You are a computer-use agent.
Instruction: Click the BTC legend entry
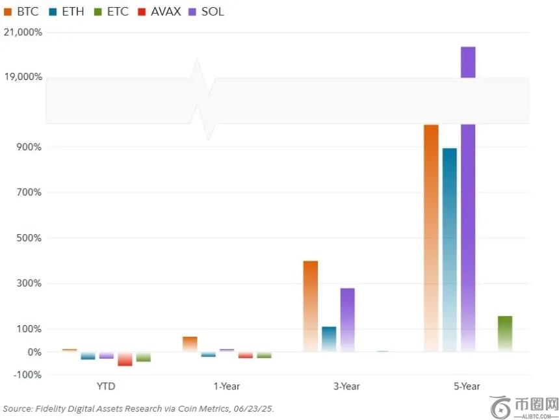(21, 12)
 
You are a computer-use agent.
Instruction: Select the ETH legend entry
(66, 12)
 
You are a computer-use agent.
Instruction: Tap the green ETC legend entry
(111, 12)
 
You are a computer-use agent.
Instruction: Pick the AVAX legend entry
(159, 12)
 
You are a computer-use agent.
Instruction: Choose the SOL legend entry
(207, 12)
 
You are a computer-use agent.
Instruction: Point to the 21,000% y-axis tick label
(23, 33)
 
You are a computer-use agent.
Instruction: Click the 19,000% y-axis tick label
(23, 77)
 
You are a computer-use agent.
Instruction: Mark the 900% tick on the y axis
(29, 147)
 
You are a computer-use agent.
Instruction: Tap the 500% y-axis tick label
(29, 238)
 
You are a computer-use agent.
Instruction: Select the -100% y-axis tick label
(27, 374)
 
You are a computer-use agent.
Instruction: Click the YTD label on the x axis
(106, 386)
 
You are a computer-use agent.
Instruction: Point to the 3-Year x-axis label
(346, 386)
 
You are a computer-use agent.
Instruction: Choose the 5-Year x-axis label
(467, 386)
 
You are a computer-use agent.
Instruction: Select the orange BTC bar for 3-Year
(311, 306)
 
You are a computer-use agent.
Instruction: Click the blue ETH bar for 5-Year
(450, 250)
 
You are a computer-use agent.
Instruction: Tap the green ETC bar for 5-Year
(505, 334)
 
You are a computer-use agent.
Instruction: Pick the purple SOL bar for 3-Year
(348, 320)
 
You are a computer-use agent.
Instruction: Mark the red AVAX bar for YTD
(125, 359)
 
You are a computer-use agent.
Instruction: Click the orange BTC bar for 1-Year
(190, 344)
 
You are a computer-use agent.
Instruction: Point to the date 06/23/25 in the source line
(253, 408)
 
